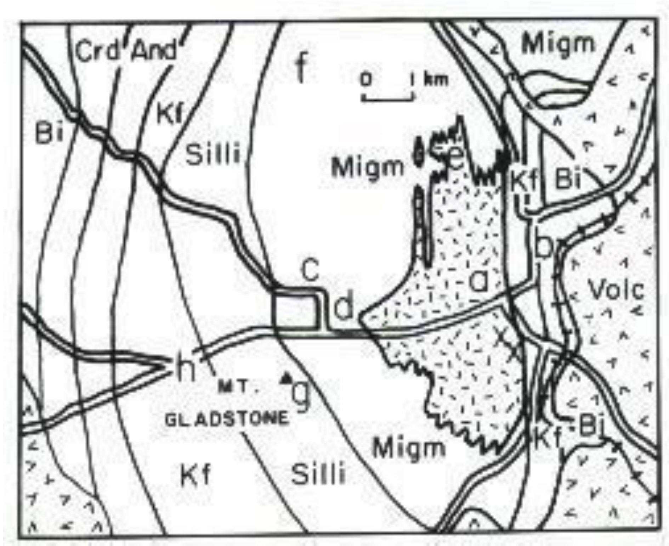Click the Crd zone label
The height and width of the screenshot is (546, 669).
tap(97, 51)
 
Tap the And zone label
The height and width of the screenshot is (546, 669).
tap(154, 51)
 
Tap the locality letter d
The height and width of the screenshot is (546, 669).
tap(344, 307)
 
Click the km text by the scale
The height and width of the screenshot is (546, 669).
tap(436, 80)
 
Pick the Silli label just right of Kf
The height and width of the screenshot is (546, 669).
tap(213, 154)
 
